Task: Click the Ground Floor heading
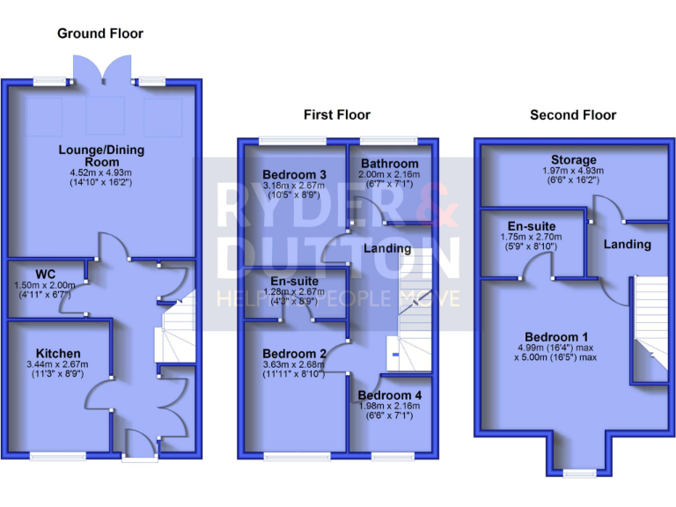click(100, 33)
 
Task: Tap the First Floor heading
click(337, 114)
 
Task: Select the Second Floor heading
click(573, 114)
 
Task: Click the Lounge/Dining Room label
click(101, 156)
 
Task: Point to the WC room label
click(45, 273)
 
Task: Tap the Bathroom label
click(389, 164)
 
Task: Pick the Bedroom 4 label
click(390, 395)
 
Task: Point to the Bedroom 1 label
click(556, 337)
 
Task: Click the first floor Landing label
click(387, 248)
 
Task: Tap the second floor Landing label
click(628, 244)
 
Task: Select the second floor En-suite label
click(530, 225)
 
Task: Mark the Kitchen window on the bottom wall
click(59, 455)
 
